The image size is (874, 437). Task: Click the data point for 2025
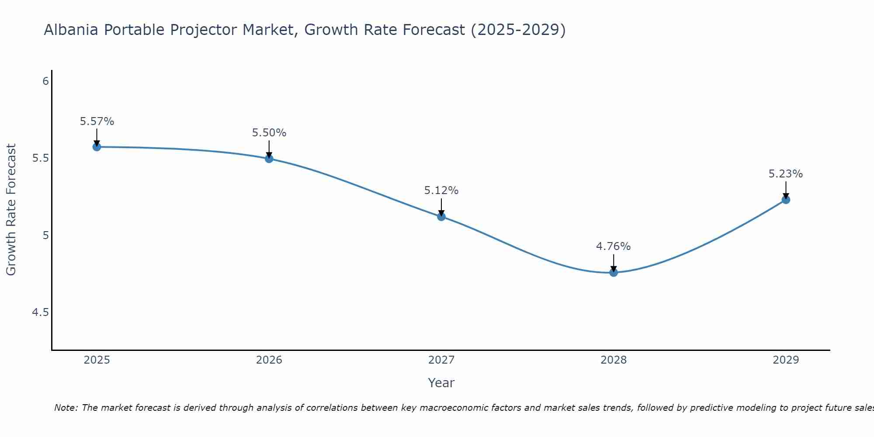[97, 147]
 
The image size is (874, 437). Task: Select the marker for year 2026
[269, 159]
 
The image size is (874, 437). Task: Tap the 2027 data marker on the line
[441, 216]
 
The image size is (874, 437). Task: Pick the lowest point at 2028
[614, 273]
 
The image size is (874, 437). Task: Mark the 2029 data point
[786, 200]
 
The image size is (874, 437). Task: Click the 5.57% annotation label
[97, 121]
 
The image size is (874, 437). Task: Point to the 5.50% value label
[269, 133]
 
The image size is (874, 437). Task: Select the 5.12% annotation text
[441, 191]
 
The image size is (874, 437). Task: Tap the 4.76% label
[614, 246]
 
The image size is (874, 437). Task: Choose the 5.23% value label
[786, 174]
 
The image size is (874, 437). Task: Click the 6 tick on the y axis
[45, 81]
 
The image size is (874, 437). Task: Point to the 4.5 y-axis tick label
[40, 312]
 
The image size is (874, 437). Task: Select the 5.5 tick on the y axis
[40, 158]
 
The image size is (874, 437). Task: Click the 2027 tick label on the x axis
[441, 360]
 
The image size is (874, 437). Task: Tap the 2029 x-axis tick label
[786, 360]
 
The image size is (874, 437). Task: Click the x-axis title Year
[441, 383]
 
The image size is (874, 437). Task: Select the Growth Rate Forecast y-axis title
[11, 210]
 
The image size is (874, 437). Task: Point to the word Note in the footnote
[66, 408]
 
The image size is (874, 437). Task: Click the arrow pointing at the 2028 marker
[614, 262]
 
